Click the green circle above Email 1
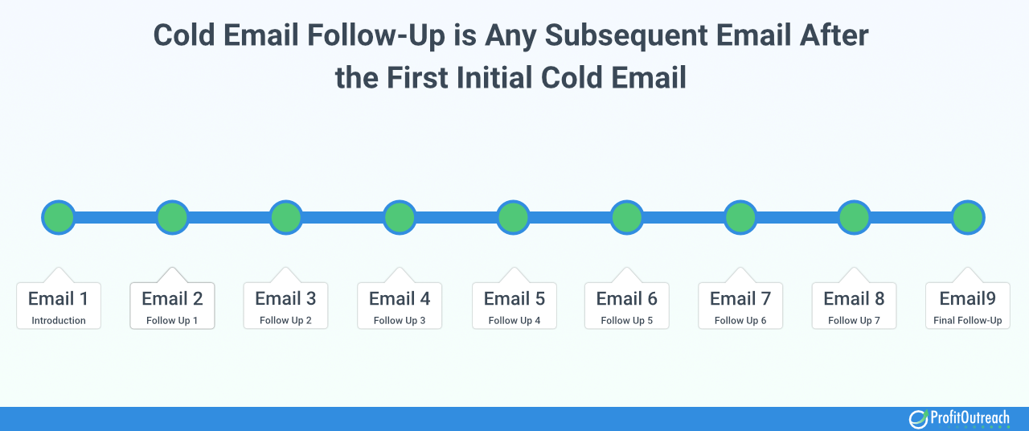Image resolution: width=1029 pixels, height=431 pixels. point(59,217)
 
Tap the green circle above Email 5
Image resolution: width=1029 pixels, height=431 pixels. point(513,217)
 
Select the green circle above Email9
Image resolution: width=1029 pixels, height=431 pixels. point(968,217)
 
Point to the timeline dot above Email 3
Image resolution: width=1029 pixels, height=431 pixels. point(285,217)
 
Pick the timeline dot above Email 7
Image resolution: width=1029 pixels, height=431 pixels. point(740,217)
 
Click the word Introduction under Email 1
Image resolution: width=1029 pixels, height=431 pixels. point(59,320)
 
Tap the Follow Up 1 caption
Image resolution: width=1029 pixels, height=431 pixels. point(172,320)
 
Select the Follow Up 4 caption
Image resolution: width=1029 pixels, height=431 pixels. point(514,320)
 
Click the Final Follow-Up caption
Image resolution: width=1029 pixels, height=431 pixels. point(967,320)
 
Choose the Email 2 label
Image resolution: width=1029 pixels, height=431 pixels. point(172,298)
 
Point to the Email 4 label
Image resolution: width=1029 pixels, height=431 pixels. point(400,298)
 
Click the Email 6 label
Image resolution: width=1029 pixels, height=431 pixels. point(626,298)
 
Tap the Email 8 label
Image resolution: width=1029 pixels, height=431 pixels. point(854,298)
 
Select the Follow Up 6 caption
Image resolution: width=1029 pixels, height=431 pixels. point(740,320)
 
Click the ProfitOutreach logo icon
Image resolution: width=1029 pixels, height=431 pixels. point(918,419)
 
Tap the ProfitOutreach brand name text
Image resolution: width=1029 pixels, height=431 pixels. point(970,417)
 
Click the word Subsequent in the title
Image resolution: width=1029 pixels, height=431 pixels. point(625,35)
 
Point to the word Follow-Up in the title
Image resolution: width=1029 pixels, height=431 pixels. point(376,35)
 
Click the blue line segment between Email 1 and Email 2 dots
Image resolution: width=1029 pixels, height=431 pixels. point(115,217)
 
